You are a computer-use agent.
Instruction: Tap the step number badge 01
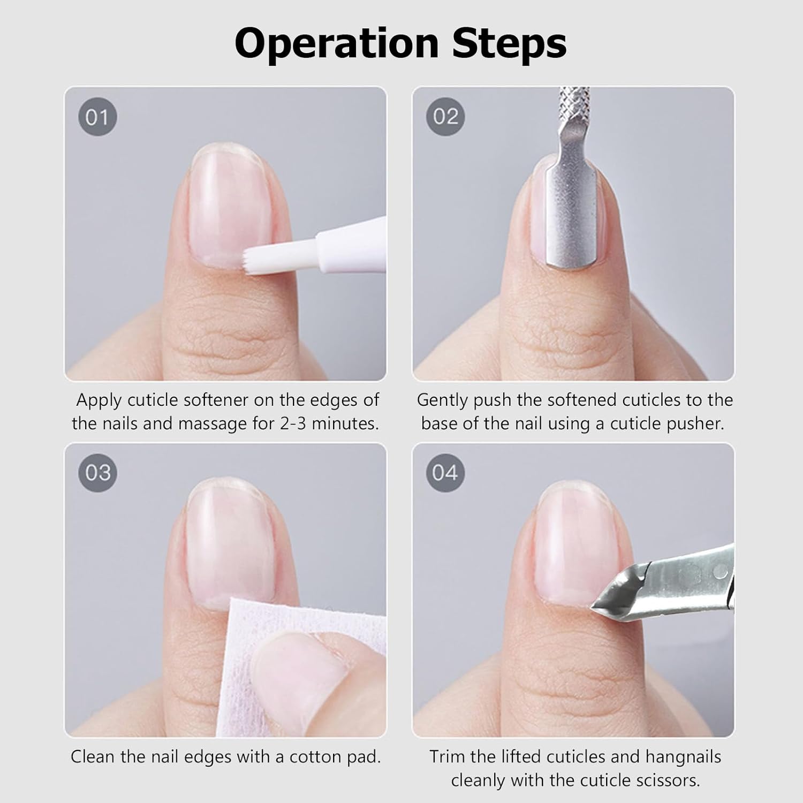pyautogui.click(x=97, y=117)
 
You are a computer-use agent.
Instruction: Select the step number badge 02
pyautogui.click(x=445, y=117)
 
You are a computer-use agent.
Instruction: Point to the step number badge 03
pyautogui.click(x=97, y=473)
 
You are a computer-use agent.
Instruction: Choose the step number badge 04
pyautogui.click(x=445, y=473)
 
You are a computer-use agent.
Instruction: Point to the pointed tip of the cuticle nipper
pyautogui.click(x=592, y=607)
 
